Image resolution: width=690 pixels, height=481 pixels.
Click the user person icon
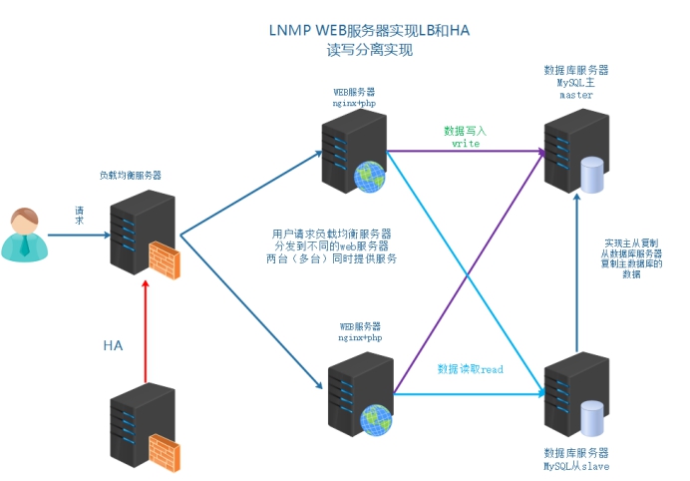coord(22,235)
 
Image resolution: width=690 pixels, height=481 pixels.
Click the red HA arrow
coord(146,329)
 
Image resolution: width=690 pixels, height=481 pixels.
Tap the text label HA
coord(114,345)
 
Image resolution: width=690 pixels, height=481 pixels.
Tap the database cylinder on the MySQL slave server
coord(592,417)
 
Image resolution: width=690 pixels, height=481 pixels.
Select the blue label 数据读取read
coord(471,369)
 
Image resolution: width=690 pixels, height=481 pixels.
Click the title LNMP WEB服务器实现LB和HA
coord(369,31)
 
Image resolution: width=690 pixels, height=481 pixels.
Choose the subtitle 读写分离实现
coord(369,50)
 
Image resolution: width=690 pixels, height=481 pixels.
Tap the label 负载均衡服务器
coord(131,175)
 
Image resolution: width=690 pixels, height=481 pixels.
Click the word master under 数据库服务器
coord(576,96)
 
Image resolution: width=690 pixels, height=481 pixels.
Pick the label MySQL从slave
coord(576,466)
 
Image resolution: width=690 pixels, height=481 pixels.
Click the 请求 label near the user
coord(79,216)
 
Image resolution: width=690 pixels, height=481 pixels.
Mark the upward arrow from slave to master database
coord(577,269)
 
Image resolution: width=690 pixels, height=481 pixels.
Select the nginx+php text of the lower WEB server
coord(360,338)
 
